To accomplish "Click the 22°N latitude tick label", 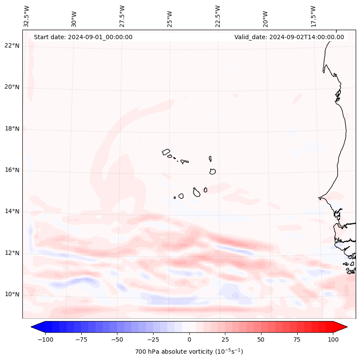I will point(12,46).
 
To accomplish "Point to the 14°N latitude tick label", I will point(12,212).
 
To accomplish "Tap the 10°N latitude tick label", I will point(12,295).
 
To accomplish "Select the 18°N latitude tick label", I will point(12,129).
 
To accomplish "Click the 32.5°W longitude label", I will point(27,16).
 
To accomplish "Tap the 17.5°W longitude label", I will point(313,16).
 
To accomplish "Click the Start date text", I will point(83,37).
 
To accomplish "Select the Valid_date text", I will point(289,37).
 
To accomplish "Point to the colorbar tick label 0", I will point(189,339).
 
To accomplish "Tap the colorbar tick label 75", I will point(297,339).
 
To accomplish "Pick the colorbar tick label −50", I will point(117,339).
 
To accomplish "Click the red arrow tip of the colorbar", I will point(342,327).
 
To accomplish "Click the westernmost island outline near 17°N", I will point(166,152).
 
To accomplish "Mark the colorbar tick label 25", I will point(225,339).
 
